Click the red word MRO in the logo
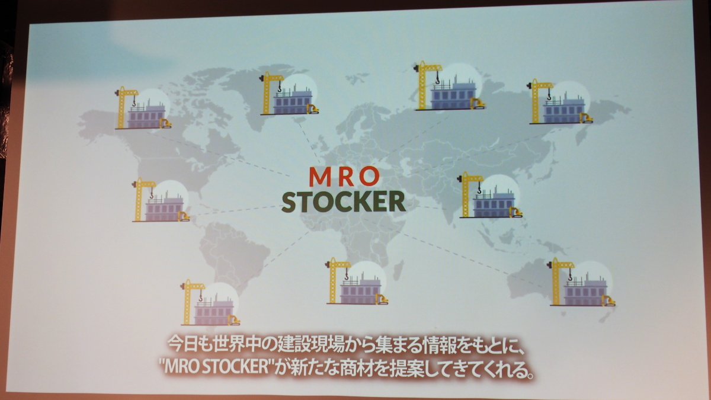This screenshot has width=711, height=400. point(344,177)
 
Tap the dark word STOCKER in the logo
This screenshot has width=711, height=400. point(344,201)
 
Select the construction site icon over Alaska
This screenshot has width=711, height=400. point(143,108)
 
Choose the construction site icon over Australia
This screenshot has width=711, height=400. point(581,282)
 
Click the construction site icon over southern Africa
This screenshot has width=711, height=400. point(357,281)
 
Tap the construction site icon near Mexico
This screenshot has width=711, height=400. point(161,200)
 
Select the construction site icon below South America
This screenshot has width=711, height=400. point(210,303)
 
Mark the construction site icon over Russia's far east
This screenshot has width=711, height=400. point(561,101)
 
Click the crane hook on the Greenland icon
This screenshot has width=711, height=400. point(280,87)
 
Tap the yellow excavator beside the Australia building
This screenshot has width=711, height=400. point(608,300)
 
